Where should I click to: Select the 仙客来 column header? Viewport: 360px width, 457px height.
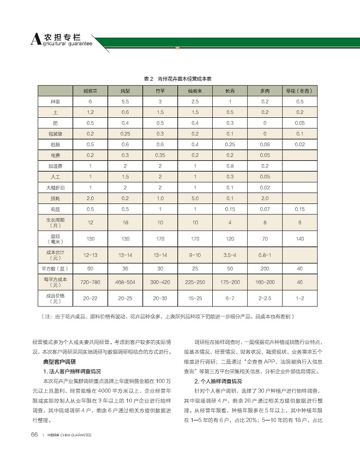click(x=195, y=91)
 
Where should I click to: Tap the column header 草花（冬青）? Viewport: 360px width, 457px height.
click(x=299, y=91)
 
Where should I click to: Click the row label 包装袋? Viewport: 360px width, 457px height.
click(x=55, y=134)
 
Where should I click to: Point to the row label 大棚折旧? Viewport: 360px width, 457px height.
click(x=55, y=187)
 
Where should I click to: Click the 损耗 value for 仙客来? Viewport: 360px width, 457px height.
click(x=195, y=198)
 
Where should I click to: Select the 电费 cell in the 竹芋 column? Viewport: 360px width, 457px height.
click(x=160, y=155)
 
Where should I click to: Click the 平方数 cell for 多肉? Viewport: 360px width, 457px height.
click(x=265, y=268)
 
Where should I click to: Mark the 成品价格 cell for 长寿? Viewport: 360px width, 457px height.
click(x=230, y=298)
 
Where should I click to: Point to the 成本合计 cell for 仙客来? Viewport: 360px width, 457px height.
click(x=195, y=255)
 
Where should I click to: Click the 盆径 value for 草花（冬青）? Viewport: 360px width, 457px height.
click(x=299, y=238)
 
